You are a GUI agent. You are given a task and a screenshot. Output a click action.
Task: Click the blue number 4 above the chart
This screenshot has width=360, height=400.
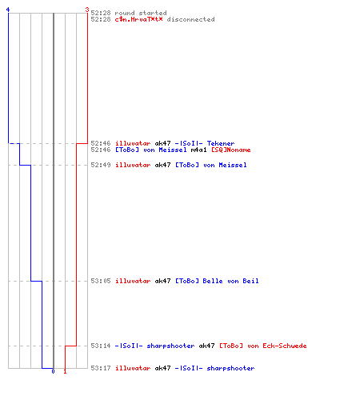pyautogui.click(x=8, y=10)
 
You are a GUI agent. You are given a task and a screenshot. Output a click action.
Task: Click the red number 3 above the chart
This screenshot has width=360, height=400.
pyautogui.click(x=87, y=10)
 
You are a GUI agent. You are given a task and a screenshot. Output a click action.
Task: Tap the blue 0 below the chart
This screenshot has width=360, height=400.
pyautogui.click(x=53, y=371)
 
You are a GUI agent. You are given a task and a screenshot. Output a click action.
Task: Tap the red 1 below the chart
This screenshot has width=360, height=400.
pyautogui.click(x=65, y=371)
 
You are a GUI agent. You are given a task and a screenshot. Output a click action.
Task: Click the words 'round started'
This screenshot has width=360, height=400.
pyautogui.click(x=141, y=13)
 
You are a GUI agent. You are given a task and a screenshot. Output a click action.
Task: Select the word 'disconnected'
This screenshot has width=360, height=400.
pyautogui.click(x=190, y=19)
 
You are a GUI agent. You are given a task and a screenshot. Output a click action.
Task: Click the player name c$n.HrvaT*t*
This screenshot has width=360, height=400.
pyautogui.click(x=138, y=19)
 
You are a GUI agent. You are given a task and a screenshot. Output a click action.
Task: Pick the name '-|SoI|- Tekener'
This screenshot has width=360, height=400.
pyautogui.click(x=205, y=143)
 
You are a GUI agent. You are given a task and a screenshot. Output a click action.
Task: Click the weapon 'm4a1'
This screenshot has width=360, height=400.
pyautogui.click(x=198, y=150)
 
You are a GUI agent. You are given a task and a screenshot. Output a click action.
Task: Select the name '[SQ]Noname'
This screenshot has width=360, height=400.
pyautogui.click(x=230, y=150)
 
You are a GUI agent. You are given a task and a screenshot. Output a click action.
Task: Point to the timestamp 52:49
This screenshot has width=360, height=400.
pyautogui.click(x=101, y=165)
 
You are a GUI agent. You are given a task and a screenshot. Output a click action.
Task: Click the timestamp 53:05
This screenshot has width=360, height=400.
pyautogui.click(x=101, y=281)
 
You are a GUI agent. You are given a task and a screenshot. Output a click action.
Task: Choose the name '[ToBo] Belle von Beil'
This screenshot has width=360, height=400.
pyautogui.click(x=217, y=281)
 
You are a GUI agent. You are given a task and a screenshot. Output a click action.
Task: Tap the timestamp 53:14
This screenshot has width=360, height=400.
pyautogui.click(x=101, y=346)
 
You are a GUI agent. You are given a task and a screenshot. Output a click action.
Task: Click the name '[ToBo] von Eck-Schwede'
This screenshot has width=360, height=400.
pyautogui.click(x=263, y=346)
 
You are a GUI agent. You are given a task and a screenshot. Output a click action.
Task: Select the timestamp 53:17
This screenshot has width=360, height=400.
pyautogui.click(x=101, y=368)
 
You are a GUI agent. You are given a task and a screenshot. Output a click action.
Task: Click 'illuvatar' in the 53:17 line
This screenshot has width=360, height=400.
pyautogui.click(x=133, y=368)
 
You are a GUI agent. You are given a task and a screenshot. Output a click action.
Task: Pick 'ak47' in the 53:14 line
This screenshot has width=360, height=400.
pyautogui.click(x=206, y=346)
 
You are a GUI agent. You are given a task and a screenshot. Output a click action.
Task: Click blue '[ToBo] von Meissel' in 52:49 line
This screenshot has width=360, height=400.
pyautogui.click(x=210, y=165)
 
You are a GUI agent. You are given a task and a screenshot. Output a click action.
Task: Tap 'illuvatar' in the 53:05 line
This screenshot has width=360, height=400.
pyautogui.click(x=133, y=281)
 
